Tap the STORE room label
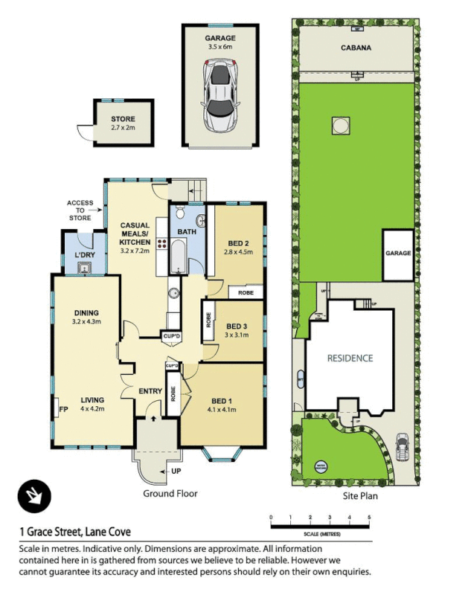[x=123, y=118]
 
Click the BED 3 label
[x=236, y=326]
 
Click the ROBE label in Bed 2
[x=246, y=293]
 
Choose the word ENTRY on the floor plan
[x=151, y=391]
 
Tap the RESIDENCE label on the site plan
[x=350, y=358]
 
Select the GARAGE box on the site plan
[x=398, y=254]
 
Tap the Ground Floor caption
[x=170, y=493]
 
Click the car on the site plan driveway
[x=404, y=446]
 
